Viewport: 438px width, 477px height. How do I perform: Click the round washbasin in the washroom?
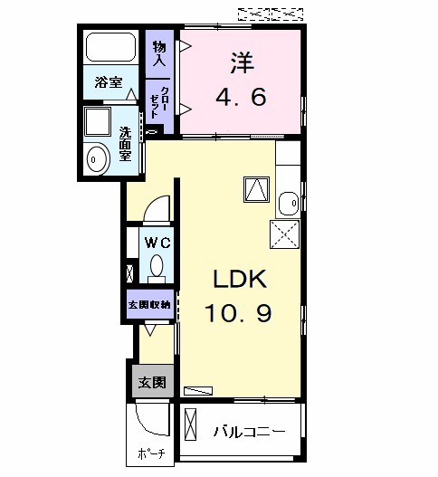tap(96, 159)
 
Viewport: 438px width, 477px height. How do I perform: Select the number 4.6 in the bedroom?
tap(241, 96)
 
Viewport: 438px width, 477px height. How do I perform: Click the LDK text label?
tap(239, 278)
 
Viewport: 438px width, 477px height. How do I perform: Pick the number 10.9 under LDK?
tap(240, 313)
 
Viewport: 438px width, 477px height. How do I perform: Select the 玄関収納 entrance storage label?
tap(149, 304)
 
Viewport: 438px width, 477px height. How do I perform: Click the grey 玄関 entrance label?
tap(152, 383)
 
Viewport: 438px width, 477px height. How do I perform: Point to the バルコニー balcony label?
tap(249, 432)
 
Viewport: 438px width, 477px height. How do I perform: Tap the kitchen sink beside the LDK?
tap(288, 201)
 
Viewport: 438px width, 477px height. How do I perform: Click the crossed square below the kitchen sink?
tap(284, 235)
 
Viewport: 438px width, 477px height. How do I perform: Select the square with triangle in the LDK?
tap(256, 189)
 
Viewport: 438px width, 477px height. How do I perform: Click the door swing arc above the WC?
tap(157, 209)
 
